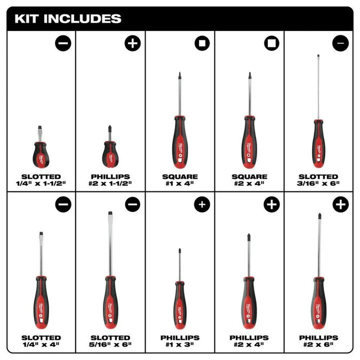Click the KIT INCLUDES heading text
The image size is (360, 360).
click(68, 19)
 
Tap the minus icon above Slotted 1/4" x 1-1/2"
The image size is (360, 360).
click(63, 44)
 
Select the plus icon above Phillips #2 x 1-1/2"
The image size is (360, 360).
click(132, 44)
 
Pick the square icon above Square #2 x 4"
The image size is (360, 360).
click(271, 44)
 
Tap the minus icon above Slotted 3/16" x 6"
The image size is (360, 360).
click(340, 44)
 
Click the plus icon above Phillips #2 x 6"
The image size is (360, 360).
click(340, 205)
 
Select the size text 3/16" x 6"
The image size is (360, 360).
click(318, 184)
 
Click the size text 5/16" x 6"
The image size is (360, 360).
click(111, 344)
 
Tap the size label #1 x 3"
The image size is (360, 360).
click(180, 344)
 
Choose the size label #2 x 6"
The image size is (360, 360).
click(318, 344)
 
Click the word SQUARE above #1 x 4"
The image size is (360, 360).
click(180, 176)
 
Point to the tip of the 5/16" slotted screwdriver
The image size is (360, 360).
click(110, 214)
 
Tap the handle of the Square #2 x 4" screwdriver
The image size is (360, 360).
click(249, 141)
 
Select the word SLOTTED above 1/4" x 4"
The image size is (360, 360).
click(41, 337)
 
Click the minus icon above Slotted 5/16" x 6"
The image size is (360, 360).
click(132, 205)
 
